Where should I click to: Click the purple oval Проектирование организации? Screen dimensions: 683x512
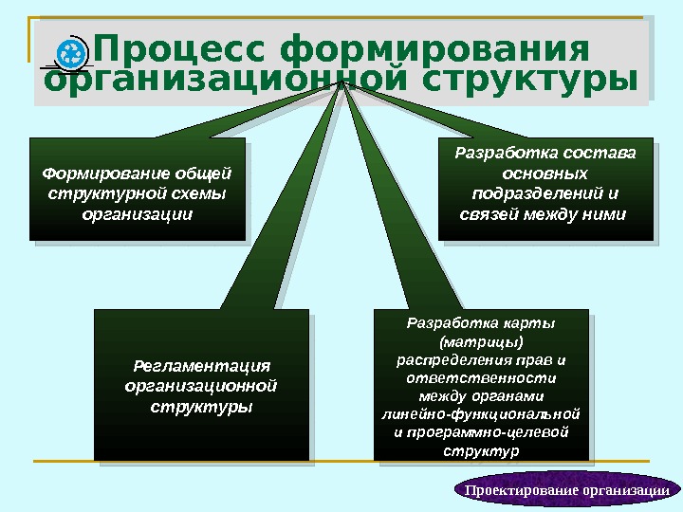pos(567,489)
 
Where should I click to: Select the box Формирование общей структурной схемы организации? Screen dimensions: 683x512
pos(137,190)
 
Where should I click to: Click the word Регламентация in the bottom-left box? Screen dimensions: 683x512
pos(202,365)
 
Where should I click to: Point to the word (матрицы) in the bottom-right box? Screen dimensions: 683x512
pos(481,341)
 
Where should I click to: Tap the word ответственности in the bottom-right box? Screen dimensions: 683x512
pos(481,377)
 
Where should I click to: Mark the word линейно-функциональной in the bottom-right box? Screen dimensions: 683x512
pos(481,413)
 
